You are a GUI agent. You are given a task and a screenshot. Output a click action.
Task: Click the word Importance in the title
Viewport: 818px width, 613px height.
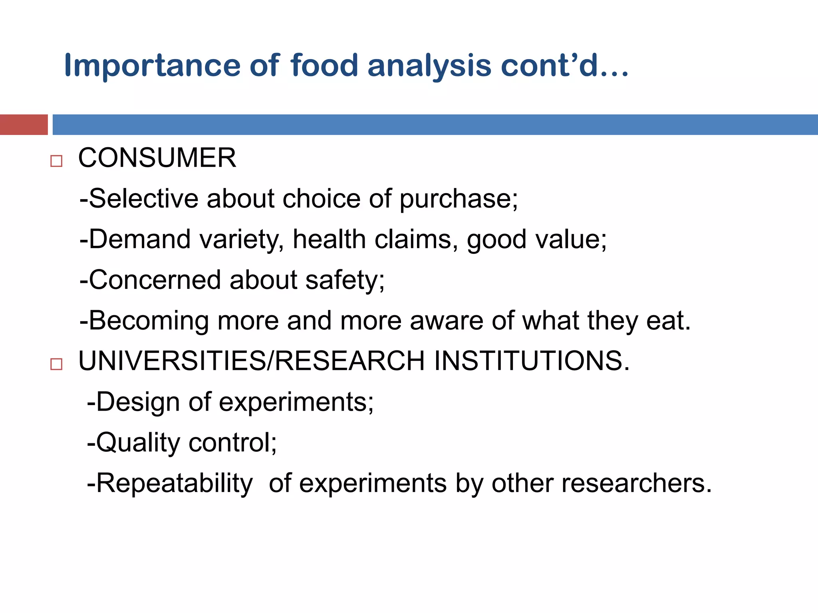click(152, 66)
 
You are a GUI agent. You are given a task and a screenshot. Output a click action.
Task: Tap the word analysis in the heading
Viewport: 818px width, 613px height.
click(429, 66)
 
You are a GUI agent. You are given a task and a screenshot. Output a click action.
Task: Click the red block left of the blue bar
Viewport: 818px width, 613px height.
click(24, 125)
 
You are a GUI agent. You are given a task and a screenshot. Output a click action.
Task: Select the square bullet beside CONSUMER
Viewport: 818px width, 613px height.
click(56, 161)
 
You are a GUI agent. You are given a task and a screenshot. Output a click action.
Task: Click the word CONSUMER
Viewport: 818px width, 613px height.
click(157, 158)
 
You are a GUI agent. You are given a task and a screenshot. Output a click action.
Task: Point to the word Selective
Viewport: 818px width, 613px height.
click(143, 198)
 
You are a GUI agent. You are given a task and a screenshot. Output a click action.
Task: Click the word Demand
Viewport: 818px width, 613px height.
click(139, 239)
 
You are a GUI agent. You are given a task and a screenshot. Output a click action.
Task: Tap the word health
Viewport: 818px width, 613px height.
click(330, 239)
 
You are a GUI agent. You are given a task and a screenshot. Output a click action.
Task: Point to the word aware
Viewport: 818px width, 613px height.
click(447, 320)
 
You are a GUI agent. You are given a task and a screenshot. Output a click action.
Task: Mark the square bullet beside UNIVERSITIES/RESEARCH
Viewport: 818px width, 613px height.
click(56, 364)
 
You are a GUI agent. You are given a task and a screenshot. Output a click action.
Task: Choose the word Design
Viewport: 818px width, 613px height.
click(137, 402)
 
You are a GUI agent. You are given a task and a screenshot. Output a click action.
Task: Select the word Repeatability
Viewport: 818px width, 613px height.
click(174, 484)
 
